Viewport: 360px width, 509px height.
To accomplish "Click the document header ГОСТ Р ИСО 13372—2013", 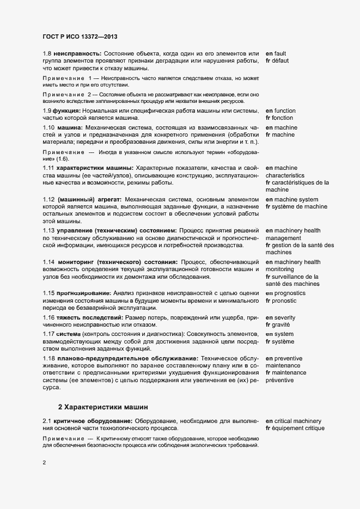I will (80, 37).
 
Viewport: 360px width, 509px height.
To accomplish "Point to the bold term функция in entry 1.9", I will (67, 111).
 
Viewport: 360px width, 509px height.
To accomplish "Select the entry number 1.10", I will (49, 127).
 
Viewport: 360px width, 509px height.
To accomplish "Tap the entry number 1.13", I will (49, 231).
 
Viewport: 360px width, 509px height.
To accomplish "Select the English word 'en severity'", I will (282, 317).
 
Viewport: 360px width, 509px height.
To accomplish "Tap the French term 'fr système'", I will (280, 341).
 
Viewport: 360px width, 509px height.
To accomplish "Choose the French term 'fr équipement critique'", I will (295, 428).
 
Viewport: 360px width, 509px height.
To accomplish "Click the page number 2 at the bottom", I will (45, 464).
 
